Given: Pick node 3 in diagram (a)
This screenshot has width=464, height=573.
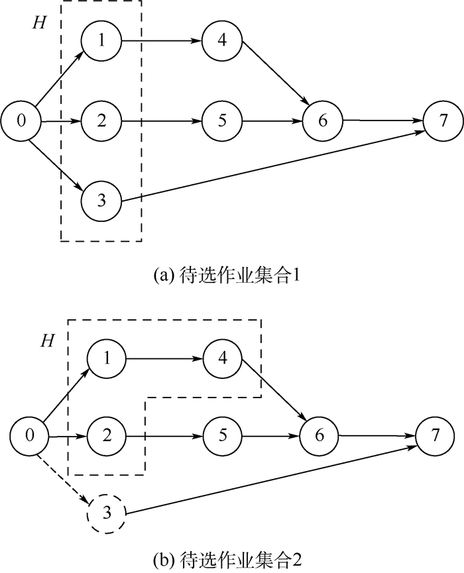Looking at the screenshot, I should click(x=101, y=201).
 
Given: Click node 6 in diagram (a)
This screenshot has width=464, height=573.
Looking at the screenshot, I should click(x=323, y=121).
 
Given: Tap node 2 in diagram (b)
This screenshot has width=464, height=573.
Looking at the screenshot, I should click(x=107, y=437).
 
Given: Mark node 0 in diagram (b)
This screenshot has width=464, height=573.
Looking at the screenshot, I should click(x=29, y=437).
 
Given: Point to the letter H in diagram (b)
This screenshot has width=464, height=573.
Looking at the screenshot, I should click(x=46, y=341).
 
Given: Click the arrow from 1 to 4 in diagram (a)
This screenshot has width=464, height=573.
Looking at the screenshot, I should click(x=162, y=41).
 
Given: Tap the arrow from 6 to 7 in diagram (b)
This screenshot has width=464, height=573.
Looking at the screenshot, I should click(x=378, y=437).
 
